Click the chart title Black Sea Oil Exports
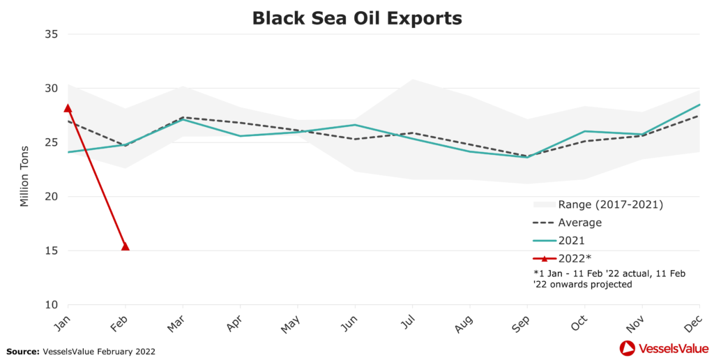point(357,17)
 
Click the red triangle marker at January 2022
point(68,108)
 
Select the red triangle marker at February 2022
point(126,246)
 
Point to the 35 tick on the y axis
point(52,34)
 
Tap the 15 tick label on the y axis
point(52,250)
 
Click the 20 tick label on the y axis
point(52,197)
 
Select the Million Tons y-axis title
point(24,175)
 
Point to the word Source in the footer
point(21,352)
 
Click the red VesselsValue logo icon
point(627,347)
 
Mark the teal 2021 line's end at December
point(699,105)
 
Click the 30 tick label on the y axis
point(52,89)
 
